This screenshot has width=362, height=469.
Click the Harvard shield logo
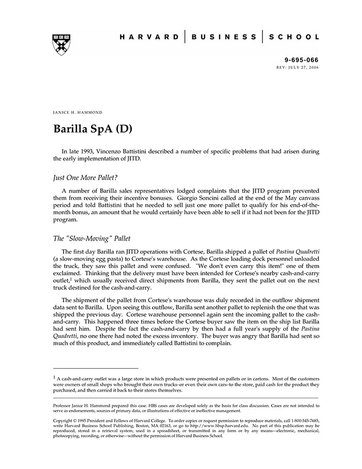pos(61,45)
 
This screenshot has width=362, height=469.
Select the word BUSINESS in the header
pos(223,37)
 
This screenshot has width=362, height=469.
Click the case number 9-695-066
pos(302,61)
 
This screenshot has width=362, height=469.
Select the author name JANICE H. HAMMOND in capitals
pos(78,112)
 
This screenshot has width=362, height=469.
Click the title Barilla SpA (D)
pos(93,128)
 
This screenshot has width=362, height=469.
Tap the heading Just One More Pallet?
pos(85,177)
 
